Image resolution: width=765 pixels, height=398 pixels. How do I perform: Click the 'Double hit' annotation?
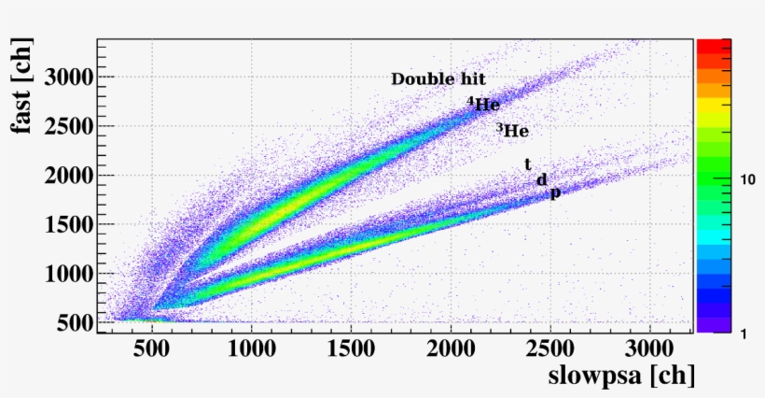tap(438, 79)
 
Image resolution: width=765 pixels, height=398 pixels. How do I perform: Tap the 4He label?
tap(484, 105)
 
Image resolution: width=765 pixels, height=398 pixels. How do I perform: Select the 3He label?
tap(512, 131)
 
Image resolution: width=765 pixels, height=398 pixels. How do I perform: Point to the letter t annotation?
tap(528, 164)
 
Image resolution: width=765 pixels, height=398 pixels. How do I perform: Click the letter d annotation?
tap(541, 179)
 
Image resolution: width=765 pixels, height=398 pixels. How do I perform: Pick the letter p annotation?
tap(555, 193)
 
